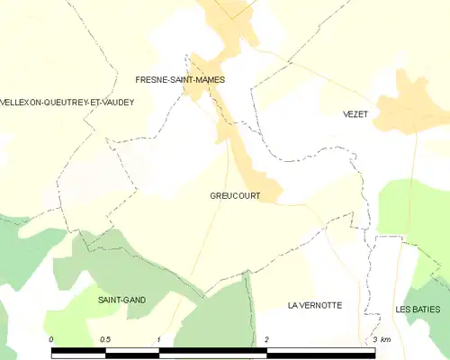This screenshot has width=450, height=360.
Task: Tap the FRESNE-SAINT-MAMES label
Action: coord(180,80)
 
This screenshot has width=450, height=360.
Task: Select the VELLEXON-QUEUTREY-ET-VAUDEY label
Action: coord(67,103)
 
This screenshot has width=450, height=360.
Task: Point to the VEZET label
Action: coord(356,114)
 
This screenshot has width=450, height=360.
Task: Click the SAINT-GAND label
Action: coord(121,299)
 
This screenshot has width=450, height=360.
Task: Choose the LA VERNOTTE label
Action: coord(315,305)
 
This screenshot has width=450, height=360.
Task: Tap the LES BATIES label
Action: coord(418,310)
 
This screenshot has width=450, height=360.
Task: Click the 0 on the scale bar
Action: coord(52,339)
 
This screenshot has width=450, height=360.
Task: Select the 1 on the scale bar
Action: coord(158,339)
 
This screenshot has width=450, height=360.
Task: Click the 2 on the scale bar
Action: coord(266,339)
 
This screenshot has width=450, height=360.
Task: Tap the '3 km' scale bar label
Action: coord(382,339)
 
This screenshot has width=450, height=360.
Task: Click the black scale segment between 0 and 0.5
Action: coord(79,350)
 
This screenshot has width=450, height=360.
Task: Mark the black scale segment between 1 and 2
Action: coord(213,350)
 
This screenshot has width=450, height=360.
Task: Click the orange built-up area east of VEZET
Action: coord(409,108)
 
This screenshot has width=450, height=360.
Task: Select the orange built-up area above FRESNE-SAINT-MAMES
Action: coord(232,22)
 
